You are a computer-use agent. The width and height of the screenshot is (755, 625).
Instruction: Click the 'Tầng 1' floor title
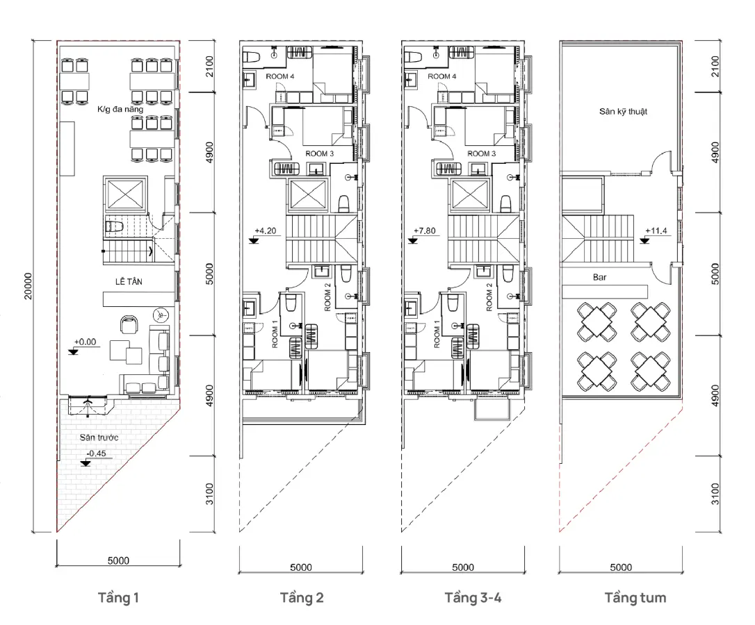coord(118,598)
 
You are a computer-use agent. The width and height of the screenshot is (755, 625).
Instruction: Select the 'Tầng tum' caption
coord(635,598)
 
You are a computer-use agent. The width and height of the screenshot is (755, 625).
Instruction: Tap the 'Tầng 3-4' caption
coord(472,598)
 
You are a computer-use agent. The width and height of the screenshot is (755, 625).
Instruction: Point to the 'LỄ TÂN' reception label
coord(129,281)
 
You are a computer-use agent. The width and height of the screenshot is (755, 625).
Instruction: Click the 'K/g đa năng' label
coord(120,109)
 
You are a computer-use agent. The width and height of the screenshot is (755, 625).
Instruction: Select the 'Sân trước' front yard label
coord(99,437)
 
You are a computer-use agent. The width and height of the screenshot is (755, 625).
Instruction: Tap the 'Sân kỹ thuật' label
coord(623,112)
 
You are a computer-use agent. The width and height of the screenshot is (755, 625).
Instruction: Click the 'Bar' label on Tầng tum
coord(599,277)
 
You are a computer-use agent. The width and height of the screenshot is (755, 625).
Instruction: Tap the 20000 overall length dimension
coord(28,286)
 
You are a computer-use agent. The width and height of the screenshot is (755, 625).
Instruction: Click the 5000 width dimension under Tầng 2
coord(300,567)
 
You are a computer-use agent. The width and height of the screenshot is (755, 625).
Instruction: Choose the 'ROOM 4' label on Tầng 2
coord(279,76)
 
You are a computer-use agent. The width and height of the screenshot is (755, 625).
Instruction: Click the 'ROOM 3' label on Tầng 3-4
coord(482,153)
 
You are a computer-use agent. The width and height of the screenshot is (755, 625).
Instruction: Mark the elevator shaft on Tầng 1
coord(125,194)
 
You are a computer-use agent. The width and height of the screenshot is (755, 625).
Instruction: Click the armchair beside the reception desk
coord(129,325)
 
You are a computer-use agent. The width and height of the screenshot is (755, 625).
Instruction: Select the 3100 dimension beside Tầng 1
coord(209,494)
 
